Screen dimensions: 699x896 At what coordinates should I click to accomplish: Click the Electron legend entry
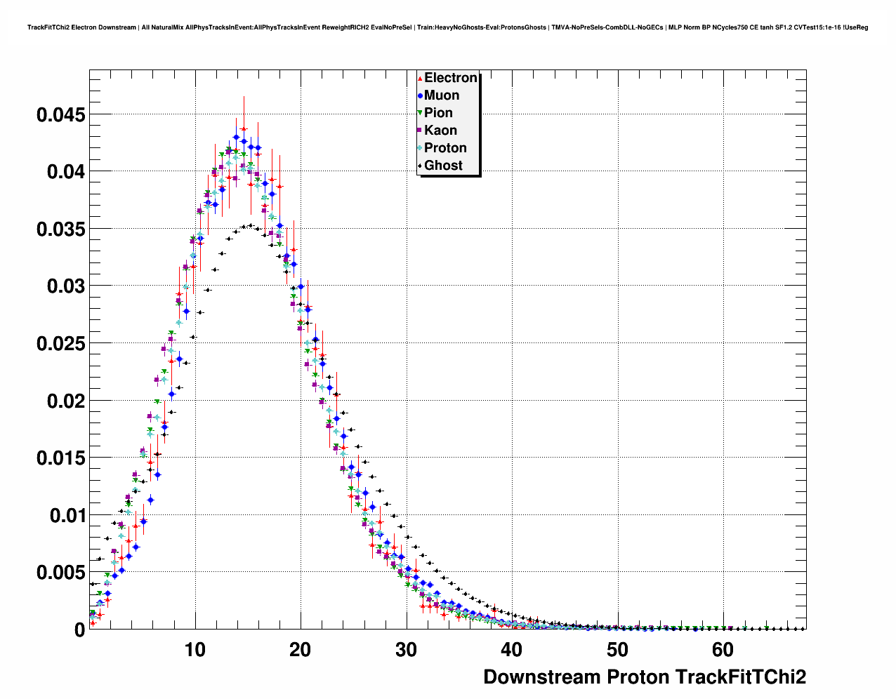(x=450, y=78)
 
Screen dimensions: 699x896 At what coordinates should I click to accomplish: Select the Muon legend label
(x=442, y=95)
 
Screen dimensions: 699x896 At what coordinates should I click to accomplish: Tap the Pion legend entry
(x=438, y=113)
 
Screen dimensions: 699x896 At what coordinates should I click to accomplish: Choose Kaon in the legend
(x=440, y=131)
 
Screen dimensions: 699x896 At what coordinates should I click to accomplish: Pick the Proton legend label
(x=445, y=148)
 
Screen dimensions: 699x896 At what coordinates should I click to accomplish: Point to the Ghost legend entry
(x=443, y=166)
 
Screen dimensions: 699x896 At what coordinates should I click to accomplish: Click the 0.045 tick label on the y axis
(x=60, y=114)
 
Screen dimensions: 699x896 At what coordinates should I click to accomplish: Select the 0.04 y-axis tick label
(x=66, y=172)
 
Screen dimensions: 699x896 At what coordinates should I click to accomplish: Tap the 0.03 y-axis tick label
(x=66, y=286)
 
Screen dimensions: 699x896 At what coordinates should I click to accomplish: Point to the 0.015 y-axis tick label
(x=60, y=458)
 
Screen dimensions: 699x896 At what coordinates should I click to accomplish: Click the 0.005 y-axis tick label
(x=60, y=573)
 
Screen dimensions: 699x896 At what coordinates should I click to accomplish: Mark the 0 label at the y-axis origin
(x=79, y=630)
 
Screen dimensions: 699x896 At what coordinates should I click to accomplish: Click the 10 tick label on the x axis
(x=195, y=650)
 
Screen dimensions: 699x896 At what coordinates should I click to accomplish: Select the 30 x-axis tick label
(x=406, y=650)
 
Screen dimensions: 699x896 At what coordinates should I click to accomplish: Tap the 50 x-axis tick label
(x=617, y=650)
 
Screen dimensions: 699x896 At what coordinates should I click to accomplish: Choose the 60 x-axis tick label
(x=723, y=650)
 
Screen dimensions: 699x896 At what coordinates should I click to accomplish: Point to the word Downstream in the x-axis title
(x=541, y=677)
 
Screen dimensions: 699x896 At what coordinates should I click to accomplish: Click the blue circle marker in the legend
(x=420, y=95)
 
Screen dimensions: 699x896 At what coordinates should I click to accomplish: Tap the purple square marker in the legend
(x=420, y=131)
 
